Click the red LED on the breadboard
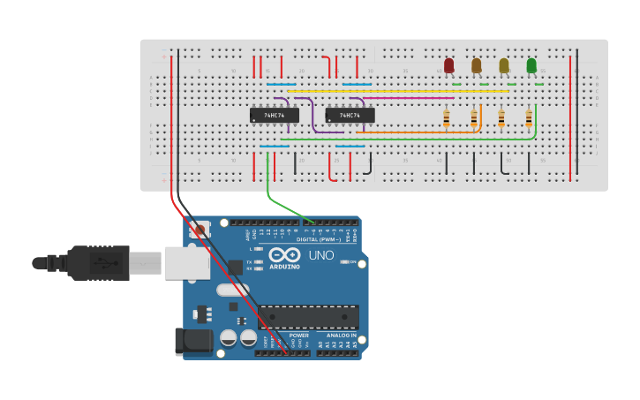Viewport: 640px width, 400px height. (448, 66)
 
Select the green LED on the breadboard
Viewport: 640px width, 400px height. (531, 66)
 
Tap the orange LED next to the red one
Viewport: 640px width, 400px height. (477, 66)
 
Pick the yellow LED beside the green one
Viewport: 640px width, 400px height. (504, 66)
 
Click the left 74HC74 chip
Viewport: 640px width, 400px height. (275, 115)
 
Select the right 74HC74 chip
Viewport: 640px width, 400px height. (350, 115)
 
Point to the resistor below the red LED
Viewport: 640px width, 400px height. (447, 117)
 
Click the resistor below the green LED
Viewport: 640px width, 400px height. (529, 117)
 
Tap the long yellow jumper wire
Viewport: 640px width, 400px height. (397, 90)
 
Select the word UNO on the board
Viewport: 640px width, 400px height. (320, 255)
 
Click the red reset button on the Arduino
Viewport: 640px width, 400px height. (200, 230)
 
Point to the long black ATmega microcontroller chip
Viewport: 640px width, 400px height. (308, 317)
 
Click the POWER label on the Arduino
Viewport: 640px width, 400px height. (299, 336)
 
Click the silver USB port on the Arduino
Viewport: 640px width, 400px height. (186, 262)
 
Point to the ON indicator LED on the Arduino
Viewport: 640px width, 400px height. (345, 262)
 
